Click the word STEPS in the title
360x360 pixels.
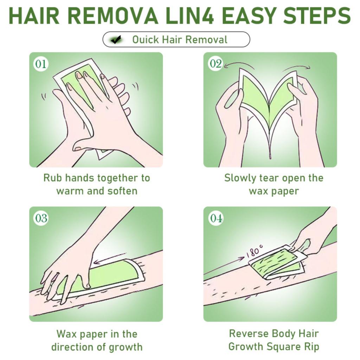pyautogui.click(x=317, y=15)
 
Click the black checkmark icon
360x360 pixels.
pyautogui.click(x=116, y=40)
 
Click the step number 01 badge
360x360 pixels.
pyautogui.click(x=41, y=64)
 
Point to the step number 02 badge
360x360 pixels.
pyautogui.click(x=216, y=63)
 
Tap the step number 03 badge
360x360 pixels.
pyautogui.click(x=41, y=218)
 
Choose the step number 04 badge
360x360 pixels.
pyautogui.click(x=216, y=218)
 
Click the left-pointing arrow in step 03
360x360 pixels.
pyautogui.click(x=110, y=258)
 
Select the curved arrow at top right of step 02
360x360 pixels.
pyautogui.click(x=296, y=67)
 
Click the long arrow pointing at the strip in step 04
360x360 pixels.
pyautogui.click(x=224, y=266)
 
